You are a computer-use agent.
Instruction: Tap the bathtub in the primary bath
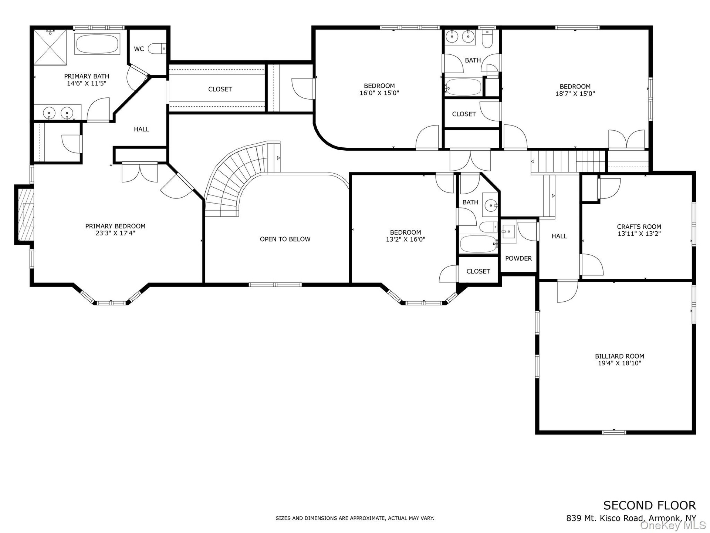coord(98,44)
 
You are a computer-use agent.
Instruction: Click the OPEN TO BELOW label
coord(285,239)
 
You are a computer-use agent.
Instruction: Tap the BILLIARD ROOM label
coord(619,356)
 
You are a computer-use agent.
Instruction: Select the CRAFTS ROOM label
coord(639,227)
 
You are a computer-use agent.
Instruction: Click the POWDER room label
coord(518,258)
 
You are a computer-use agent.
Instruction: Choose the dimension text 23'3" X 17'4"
coord(115,233)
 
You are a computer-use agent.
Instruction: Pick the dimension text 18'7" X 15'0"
coord(575,94)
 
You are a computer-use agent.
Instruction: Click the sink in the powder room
coord(508,232)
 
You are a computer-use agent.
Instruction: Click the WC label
coord(139,49)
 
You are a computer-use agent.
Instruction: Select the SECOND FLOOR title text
coord(649,505)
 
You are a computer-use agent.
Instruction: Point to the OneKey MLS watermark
coord(673,526)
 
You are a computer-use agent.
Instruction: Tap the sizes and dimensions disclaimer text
coord(355,518)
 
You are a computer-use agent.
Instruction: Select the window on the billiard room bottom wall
coord(614,432)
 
